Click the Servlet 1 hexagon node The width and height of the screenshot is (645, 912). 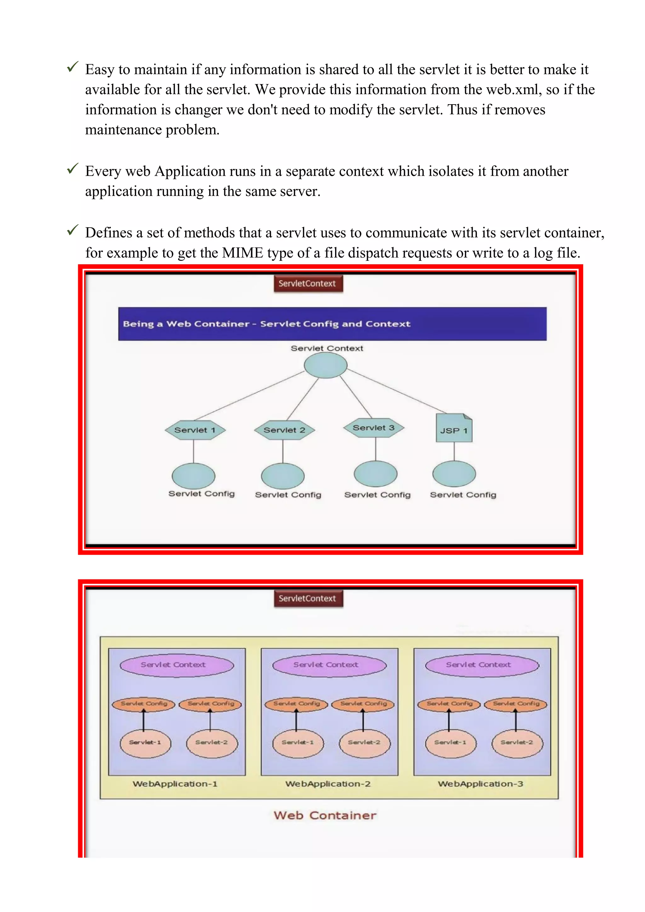pyautogui.click(x=195, y=430)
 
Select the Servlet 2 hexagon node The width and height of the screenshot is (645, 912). pyautogui.click(x=284, y=430)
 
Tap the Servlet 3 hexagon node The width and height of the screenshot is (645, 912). pyautogui.click(x=373, y=428)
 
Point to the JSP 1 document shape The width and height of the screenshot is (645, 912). pyautogui.click(x=454, y=429)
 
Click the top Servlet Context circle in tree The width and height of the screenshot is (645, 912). pyautogui.click(x=326, y=365)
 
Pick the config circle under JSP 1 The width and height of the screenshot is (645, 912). pyautogui.click(x=454, y=474)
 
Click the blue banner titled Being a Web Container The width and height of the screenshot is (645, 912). pyautogui.click(x=332, y=324)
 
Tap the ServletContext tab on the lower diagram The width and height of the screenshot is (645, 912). pyautogui.click(x=308, y=599)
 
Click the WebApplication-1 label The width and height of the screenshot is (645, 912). pyautogui.click(x=175, y=784)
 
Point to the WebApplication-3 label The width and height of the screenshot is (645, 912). pyautogui.click(x=481, y=784)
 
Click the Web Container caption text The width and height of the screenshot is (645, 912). pyautogui.click(x=325, y=815)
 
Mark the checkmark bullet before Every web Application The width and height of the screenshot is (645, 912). pyautogui.click(x=73, y=169)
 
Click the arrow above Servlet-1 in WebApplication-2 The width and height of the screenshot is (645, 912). pyautogui.click(x=296, y=720)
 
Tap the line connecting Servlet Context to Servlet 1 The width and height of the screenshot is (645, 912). pyautogui.click(x=250, y=396)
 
